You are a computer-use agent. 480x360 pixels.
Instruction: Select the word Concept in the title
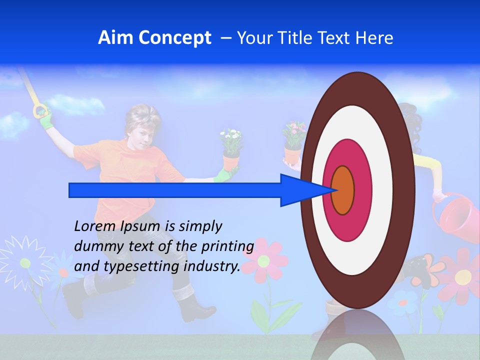click(x=174, y=38)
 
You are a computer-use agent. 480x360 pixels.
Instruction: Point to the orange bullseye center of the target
click(x=343, y=190)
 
